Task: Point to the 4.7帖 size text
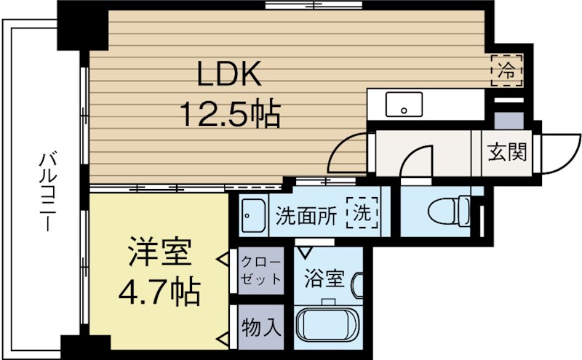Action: pyautogui.click(x=159, y=292)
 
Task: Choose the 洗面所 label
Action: pyautogui.click(x=306, y=215)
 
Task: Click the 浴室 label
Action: pyautogui.click(x=320, y=279)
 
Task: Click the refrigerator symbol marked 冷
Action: pyautogui.click(x=506, y=71)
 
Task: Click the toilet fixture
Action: pyautogui.click(x=447, y=212)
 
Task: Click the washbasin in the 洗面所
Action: pyautogui.click(x=253, y=215)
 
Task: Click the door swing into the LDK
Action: pyautogui.click(x=348, y=154)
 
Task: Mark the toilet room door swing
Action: pyautogui.click(x=418, y=160)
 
